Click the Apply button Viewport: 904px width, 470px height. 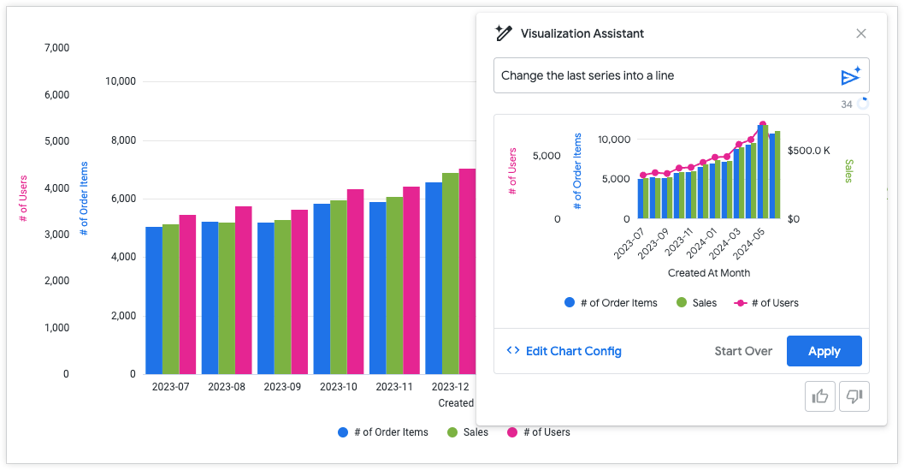point(824,351)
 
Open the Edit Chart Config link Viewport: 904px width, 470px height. point(564,351)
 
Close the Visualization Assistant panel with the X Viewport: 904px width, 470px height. point(861,33)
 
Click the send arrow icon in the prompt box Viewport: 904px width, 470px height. point(850,76)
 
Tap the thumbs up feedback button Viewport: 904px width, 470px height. point(820,396)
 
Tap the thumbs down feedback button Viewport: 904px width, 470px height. point(853,396)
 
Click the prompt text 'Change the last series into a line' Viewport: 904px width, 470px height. point(588,75)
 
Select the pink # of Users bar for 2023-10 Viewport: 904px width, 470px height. point(355,282)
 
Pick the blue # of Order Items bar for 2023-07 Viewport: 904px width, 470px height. point(154,300)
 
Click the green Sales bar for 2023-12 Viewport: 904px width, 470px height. point(451,273)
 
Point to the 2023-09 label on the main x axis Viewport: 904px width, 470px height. point(281,387)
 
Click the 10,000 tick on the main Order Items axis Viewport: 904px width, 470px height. point(121,81)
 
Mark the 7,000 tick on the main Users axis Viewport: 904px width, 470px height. point(56,48)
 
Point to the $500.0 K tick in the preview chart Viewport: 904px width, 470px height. point(809,150)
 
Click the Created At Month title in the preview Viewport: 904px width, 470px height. point(709,273)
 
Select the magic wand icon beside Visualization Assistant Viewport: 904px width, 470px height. point(503,33)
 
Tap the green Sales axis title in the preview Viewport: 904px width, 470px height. point(849,170)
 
